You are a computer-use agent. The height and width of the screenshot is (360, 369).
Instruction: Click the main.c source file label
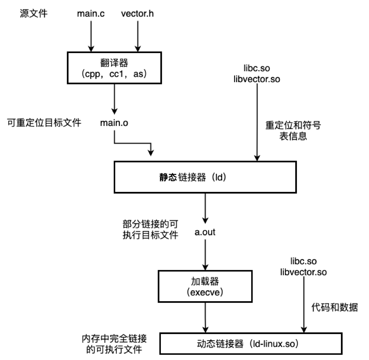point(91,14)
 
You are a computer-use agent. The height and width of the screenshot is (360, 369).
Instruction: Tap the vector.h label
point(137,14)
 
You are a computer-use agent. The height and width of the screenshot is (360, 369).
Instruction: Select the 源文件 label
point(34,14)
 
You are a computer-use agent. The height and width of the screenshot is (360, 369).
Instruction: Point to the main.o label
point(114,123)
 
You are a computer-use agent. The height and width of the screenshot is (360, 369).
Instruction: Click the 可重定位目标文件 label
point(44,123)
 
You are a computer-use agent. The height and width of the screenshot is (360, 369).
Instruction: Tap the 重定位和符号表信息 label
point(293,130)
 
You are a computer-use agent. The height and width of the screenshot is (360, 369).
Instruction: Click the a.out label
point(205,232)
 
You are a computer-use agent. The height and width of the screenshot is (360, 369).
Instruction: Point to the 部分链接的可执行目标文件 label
point(150,230)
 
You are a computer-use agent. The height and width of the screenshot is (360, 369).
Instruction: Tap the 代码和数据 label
point(335,307)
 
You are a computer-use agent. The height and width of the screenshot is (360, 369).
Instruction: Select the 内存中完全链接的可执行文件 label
point(114,344)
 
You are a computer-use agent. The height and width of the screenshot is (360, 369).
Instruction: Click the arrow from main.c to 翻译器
point(91,36)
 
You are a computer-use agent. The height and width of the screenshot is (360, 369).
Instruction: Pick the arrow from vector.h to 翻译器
point(137,36)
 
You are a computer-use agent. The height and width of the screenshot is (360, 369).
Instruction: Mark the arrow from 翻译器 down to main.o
point(114,99)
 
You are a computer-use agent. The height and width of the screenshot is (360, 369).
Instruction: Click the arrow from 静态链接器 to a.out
point(205,209)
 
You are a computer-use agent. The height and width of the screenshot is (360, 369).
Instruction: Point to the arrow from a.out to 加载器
point(205,255)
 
